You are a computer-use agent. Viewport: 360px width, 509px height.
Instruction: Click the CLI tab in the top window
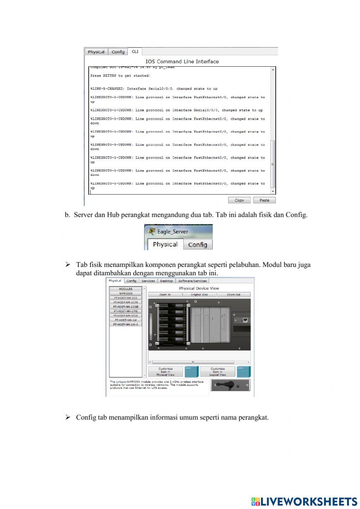[x=135, y=52]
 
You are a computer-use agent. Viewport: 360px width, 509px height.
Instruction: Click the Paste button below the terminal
[x=264, y=200]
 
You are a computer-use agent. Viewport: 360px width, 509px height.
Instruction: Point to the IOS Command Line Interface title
[x=182, y=62]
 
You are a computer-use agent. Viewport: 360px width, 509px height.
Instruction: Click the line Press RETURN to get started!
[x=120, y=76]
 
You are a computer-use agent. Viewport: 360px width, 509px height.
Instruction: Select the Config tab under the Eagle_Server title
[x=197, y=245]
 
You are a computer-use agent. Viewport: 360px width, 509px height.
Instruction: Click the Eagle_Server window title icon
[x=152, y=231]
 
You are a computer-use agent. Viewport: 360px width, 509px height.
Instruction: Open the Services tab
[x=148, y=281]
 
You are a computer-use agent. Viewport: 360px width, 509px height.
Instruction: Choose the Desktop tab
[x=166, y=281]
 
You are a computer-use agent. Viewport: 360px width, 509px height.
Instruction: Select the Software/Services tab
[x=192, y=281]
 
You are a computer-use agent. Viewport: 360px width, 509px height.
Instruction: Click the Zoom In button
[x=165, y=295]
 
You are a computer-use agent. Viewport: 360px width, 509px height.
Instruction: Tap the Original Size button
[x=199, y=295]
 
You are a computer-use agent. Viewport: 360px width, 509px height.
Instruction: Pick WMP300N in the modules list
[x=126, y=294]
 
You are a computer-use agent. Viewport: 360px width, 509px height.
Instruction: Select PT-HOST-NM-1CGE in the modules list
[x=126, y=307]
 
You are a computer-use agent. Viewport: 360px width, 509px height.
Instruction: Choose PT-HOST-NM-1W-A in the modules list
[x=126, y=325]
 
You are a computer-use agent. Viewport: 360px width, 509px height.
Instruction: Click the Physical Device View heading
[x=199, y=288]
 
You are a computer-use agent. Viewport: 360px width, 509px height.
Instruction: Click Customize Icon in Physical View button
[x=166, y=372]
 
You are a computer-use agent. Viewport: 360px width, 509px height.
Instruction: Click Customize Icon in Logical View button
[x=217, y=372]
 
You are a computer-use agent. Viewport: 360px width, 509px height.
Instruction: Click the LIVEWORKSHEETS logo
[x=304, y=501]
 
